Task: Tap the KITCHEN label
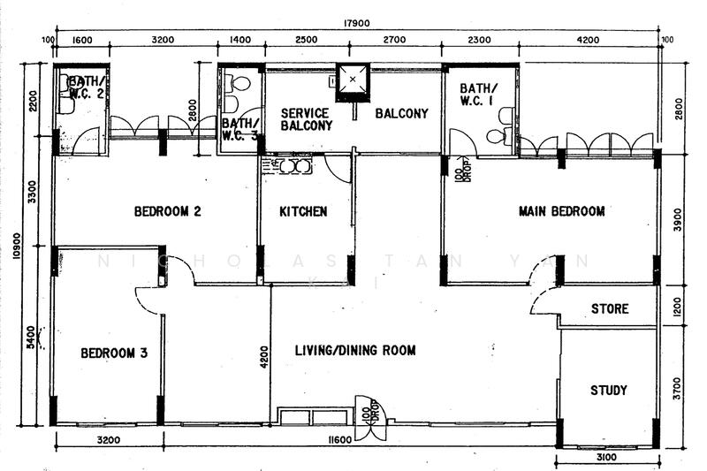pos(303,211)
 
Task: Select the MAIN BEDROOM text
pos(561,211)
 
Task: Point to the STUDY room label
pos(608,390)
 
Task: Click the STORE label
pos(610,308)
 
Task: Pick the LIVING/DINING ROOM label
pos(355,351)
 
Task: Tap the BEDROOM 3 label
pos(114,353)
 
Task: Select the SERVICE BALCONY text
pos(306,119)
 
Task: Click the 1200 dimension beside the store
pos(676,307)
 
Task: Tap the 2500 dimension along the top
pos(307,41)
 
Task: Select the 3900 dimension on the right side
pos(676,219)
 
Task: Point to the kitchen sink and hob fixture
pos(288,165)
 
